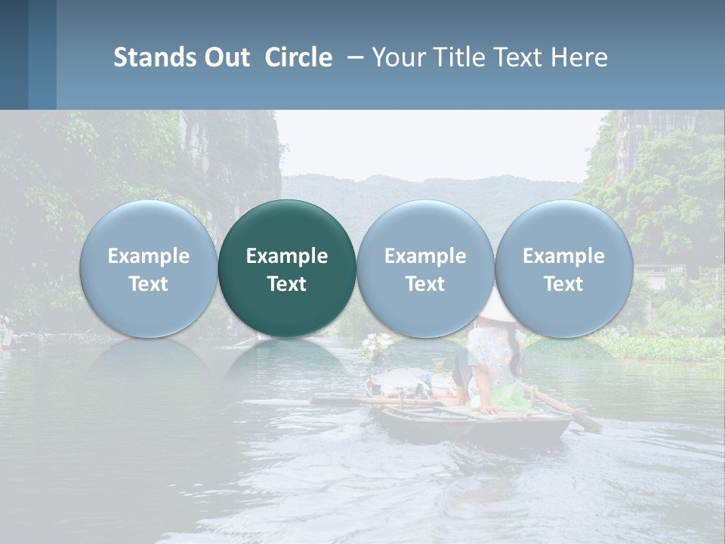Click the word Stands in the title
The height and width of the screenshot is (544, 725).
(x=154, y=57)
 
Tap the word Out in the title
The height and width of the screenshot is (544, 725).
(x=226, y=57)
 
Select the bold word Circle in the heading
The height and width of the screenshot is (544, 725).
(x=298, y=57)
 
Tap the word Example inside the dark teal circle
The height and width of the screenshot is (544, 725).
(x=287, y=256)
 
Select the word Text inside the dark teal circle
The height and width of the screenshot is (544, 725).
(x=287, y=284)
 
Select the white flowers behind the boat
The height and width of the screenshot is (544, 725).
(x=376, y=345)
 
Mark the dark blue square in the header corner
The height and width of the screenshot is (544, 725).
(x=14, y=54)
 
